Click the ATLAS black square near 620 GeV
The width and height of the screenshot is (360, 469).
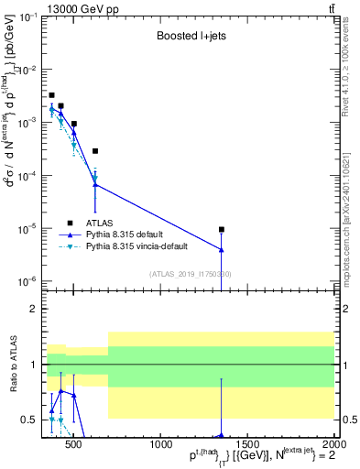click(x=95, y=151)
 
